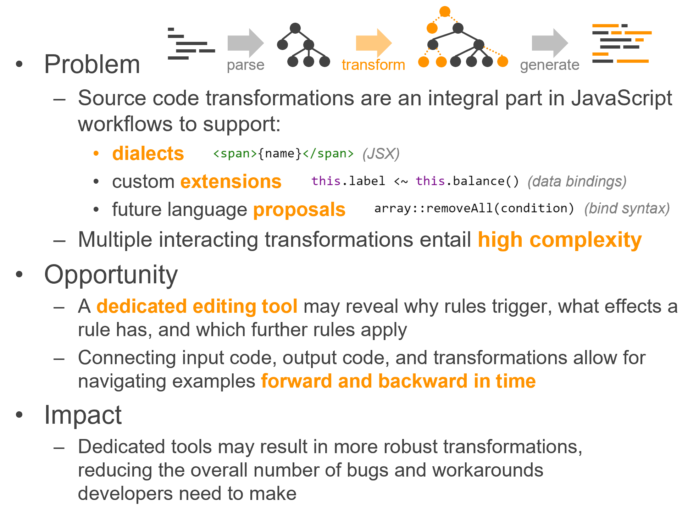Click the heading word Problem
tap(92, 64)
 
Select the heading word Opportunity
tap(111, 275)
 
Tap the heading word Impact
tap(83, 415)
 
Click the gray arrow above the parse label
tap(246, 43)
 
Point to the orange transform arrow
tap(374, 43)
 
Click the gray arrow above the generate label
tap(550, 43)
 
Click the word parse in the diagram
tap(246, 65)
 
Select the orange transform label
tap(373, 65)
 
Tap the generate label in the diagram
tap(550, 65)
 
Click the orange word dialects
tap(148, 154)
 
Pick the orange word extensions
tap(231, 182)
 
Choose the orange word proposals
tap(299, 210)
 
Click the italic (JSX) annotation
tap(381, 154)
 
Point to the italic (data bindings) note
tap(577, 182)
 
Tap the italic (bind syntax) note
tap(627, 208)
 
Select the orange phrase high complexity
tap(560, 240)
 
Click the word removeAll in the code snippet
tap(459, 208)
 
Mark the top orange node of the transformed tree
tap(445, 12)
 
